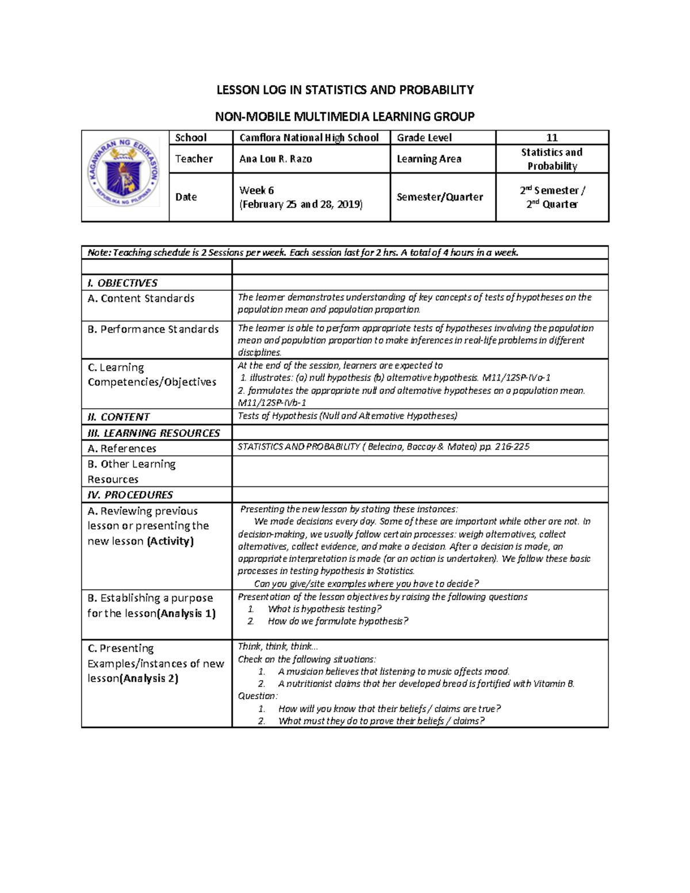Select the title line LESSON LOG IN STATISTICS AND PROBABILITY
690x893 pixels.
344,90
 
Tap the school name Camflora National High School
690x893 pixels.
309,137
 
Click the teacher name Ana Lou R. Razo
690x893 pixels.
275,159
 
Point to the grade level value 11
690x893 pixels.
551,137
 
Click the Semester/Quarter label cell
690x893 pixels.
439,197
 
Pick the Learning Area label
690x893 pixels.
429,159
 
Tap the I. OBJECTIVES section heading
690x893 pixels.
122,283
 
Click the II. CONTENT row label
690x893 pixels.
118,417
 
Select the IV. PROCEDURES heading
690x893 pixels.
130,495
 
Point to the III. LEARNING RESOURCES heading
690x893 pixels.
154,433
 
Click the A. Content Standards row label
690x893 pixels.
141,298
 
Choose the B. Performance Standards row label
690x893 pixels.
153,329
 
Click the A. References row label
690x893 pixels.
122,449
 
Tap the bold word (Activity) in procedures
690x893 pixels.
170,541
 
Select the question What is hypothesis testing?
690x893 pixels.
324,609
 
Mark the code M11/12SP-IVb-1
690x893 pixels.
272,403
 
